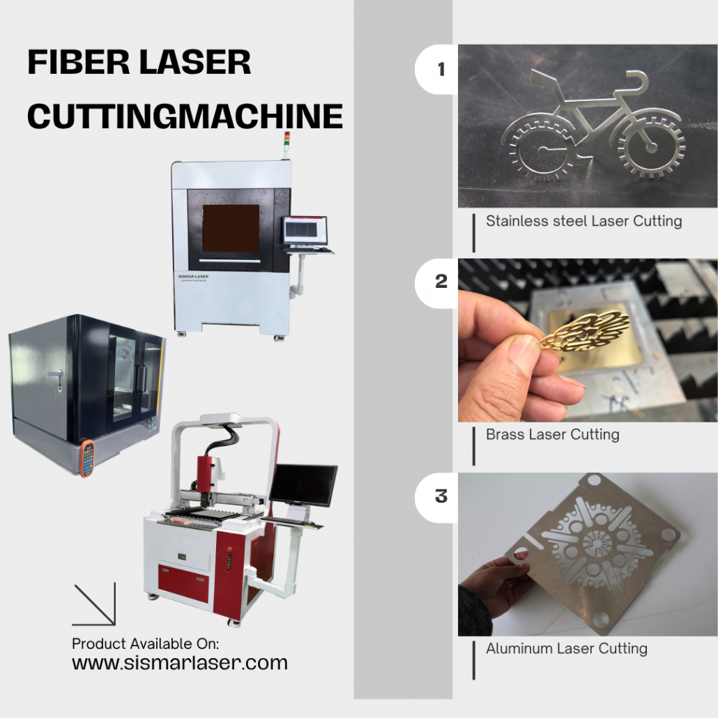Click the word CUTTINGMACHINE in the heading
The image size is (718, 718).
pyautogui.click(x=185, y=116)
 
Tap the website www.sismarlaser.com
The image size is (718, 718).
pyautogui.click(x=180, y=663)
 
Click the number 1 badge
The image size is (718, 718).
pyautogui.click(x=437, y=70)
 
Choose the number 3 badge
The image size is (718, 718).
pyautogui.click(x=437, y=497)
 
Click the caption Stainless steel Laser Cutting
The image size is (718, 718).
pyautogui.click(x=584, y=221)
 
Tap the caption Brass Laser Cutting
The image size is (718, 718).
pyautogui.click(x=553, y=434)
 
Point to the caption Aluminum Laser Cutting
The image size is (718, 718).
pyautogui.click(x=567, y=648)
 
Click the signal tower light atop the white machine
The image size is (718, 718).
pyautogui.click(x=287, y=142)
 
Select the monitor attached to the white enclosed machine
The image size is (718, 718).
pyautogui.click(x=305, y=231)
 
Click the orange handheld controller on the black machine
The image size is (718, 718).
pyautogui.click(x=87, y=458)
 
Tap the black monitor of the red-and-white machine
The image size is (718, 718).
pyautogui.click(x=303, y=485)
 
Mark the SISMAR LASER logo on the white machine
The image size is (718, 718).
pyautogui.click(x=193, y=277)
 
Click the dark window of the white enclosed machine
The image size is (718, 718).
pyautogui.click(x=231, y=228)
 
